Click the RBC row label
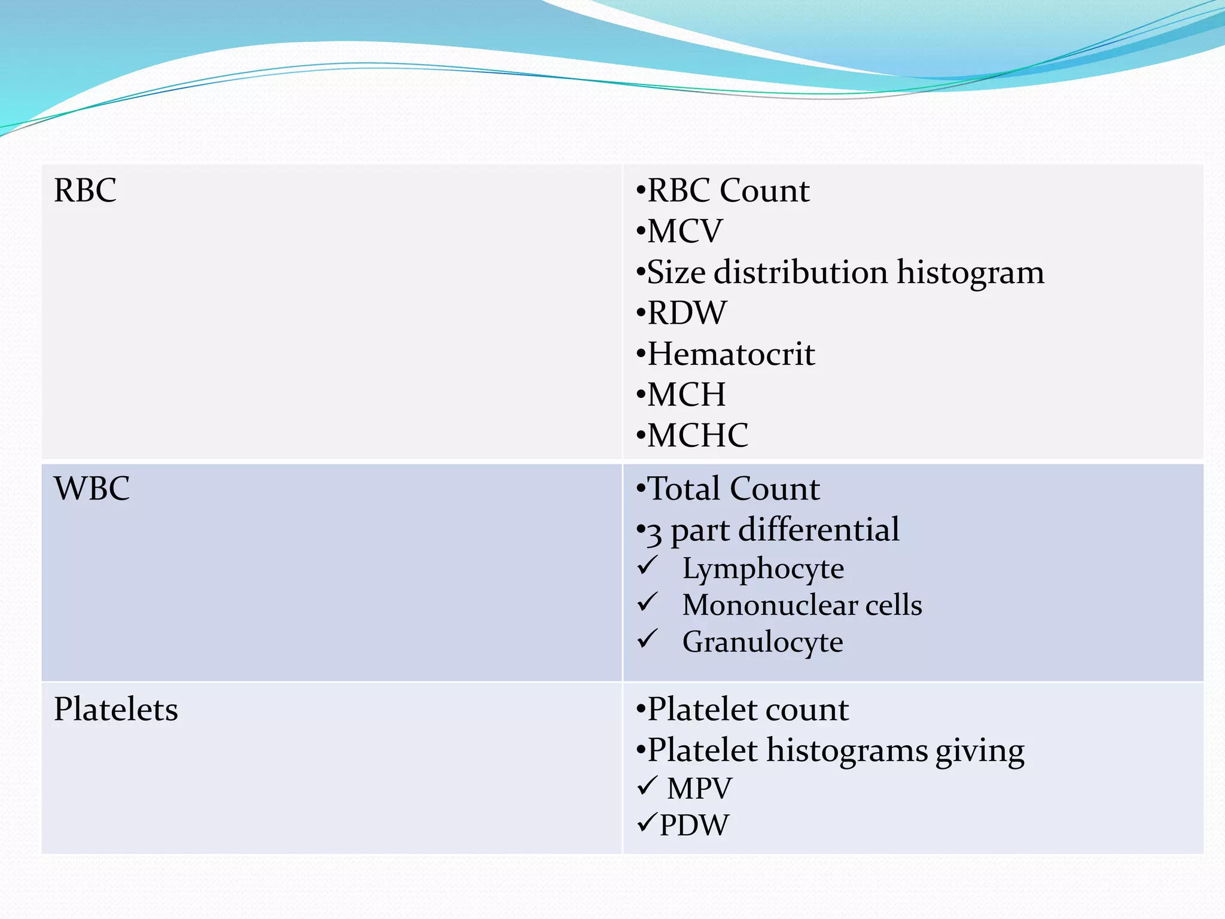85,191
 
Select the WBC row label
92,489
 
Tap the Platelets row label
116,710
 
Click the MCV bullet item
684,232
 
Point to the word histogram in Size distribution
970,273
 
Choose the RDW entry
687,313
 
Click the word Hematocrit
731,354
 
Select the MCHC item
697,436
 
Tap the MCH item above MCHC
686,395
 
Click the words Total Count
733,489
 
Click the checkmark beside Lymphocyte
647,565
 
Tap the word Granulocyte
763,642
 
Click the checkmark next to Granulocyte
647,639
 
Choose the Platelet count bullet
748,710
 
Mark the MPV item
699,788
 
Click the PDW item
694,825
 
